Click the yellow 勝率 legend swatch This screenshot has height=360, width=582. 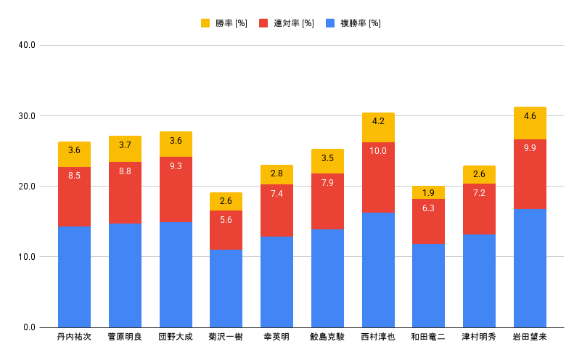tap(205, 23)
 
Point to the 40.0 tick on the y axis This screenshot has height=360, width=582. tap(27, 46)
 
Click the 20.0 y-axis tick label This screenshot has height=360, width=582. tap(27, 187)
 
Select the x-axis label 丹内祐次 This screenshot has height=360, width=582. tap(74, 337)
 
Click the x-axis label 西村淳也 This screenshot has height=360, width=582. tap(378, 337)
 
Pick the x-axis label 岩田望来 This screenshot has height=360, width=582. tap(530, 337)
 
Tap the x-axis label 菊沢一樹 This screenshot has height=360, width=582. tap(226, 337)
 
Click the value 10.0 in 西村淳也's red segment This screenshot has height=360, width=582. tap(378, 151)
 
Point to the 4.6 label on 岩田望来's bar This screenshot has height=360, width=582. tap(530, 116)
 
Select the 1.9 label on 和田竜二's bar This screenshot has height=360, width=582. tap(428, 192)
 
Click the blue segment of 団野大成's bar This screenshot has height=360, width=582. tap(176, 274)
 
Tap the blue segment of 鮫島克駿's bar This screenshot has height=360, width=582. tap(327, 278)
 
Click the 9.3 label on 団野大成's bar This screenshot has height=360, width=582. tap(176, 166)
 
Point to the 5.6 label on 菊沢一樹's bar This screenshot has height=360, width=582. tap(226, 221)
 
